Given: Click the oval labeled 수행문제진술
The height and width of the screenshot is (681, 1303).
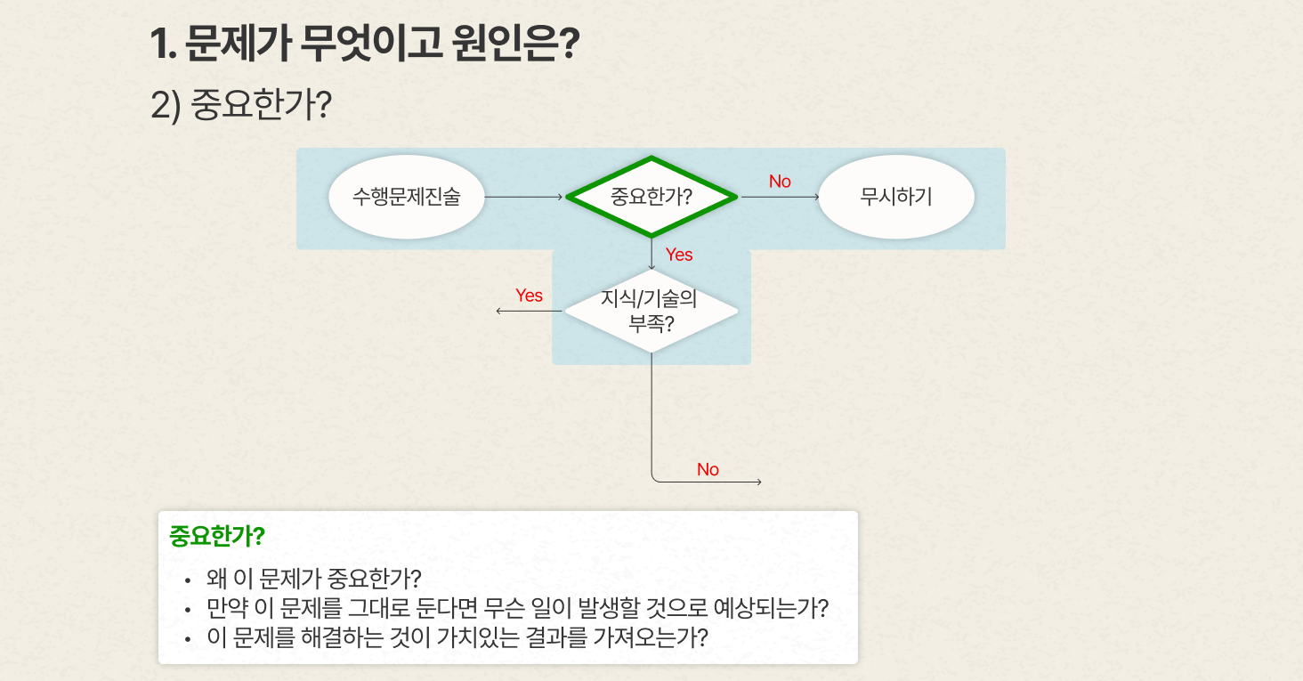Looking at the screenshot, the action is [x=407, y=197].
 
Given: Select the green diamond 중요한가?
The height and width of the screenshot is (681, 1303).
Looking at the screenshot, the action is [x=651, y=197].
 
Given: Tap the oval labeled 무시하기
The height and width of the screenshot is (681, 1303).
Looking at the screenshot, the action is [x=896, y=197].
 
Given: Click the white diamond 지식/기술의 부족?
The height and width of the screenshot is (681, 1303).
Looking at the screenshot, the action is [x=651, y=311].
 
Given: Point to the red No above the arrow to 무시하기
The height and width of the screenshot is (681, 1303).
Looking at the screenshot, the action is [x=780, y=182].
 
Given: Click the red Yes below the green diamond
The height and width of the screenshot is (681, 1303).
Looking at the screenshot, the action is [x=679, y=255].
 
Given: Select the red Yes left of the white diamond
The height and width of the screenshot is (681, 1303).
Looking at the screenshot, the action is [x=529, y=296].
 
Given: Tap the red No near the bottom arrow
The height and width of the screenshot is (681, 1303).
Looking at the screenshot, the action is [x=708, y=470].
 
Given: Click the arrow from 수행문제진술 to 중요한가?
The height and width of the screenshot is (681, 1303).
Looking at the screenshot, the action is [x=523, y=197].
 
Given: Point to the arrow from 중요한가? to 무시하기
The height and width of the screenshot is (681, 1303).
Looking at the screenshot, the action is [x=780, y=197].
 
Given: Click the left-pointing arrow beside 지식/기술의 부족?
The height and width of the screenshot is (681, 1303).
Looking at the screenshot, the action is [x=529, y=311].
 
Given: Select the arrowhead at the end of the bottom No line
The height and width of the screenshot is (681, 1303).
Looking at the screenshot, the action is [x=759, y=482].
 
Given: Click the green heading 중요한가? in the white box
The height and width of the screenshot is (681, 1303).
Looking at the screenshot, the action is [x=217, y=536].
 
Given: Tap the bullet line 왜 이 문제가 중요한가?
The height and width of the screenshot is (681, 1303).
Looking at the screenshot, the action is [x=313, y=579].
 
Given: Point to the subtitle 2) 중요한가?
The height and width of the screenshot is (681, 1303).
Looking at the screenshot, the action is [x=241, y=105].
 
